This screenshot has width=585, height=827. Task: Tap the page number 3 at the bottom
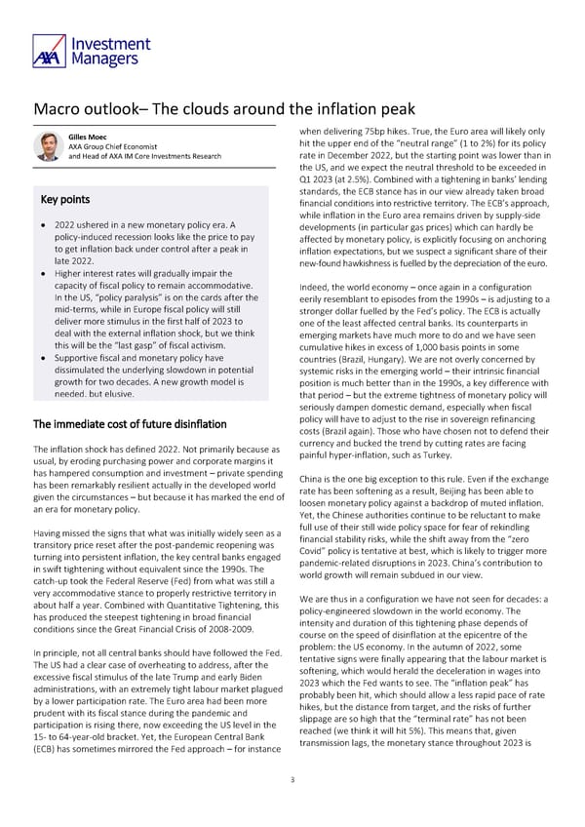point(292,779)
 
